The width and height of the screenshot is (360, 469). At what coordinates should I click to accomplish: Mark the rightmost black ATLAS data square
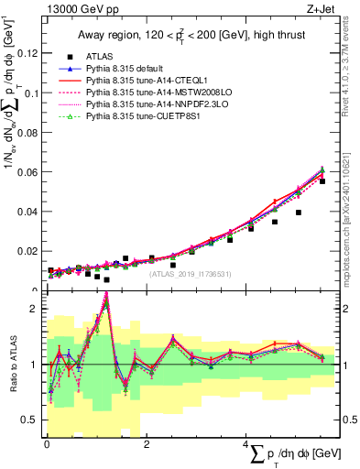pyautogui.click(x=322, y=181)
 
